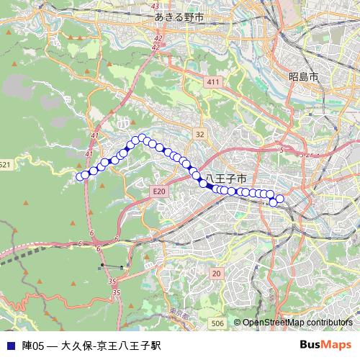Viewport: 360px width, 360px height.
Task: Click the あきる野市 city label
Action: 179,15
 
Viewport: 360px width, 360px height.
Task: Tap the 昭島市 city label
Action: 303,76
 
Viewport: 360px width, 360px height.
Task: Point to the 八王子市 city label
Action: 226,178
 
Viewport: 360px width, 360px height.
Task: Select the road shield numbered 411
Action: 212,83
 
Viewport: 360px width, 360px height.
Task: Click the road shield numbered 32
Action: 199,135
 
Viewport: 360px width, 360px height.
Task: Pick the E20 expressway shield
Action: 159,191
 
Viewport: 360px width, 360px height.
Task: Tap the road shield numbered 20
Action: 217,274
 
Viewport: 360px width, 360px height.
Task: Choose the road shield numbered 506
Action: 218,324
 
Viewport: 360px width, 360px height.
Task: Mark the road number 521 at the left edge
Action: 6,165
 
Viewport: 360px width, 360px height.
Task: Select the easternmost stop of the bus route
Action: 280,199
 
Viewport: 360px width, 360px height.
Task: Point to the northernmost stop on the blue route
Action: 143,137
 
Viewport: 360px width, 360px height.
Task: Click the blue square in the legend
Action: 9,346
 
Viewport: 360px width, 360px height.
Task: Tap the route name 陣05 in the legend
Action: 33,346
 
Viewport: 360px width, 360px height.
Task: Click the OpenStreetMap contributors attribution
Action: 297,323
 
